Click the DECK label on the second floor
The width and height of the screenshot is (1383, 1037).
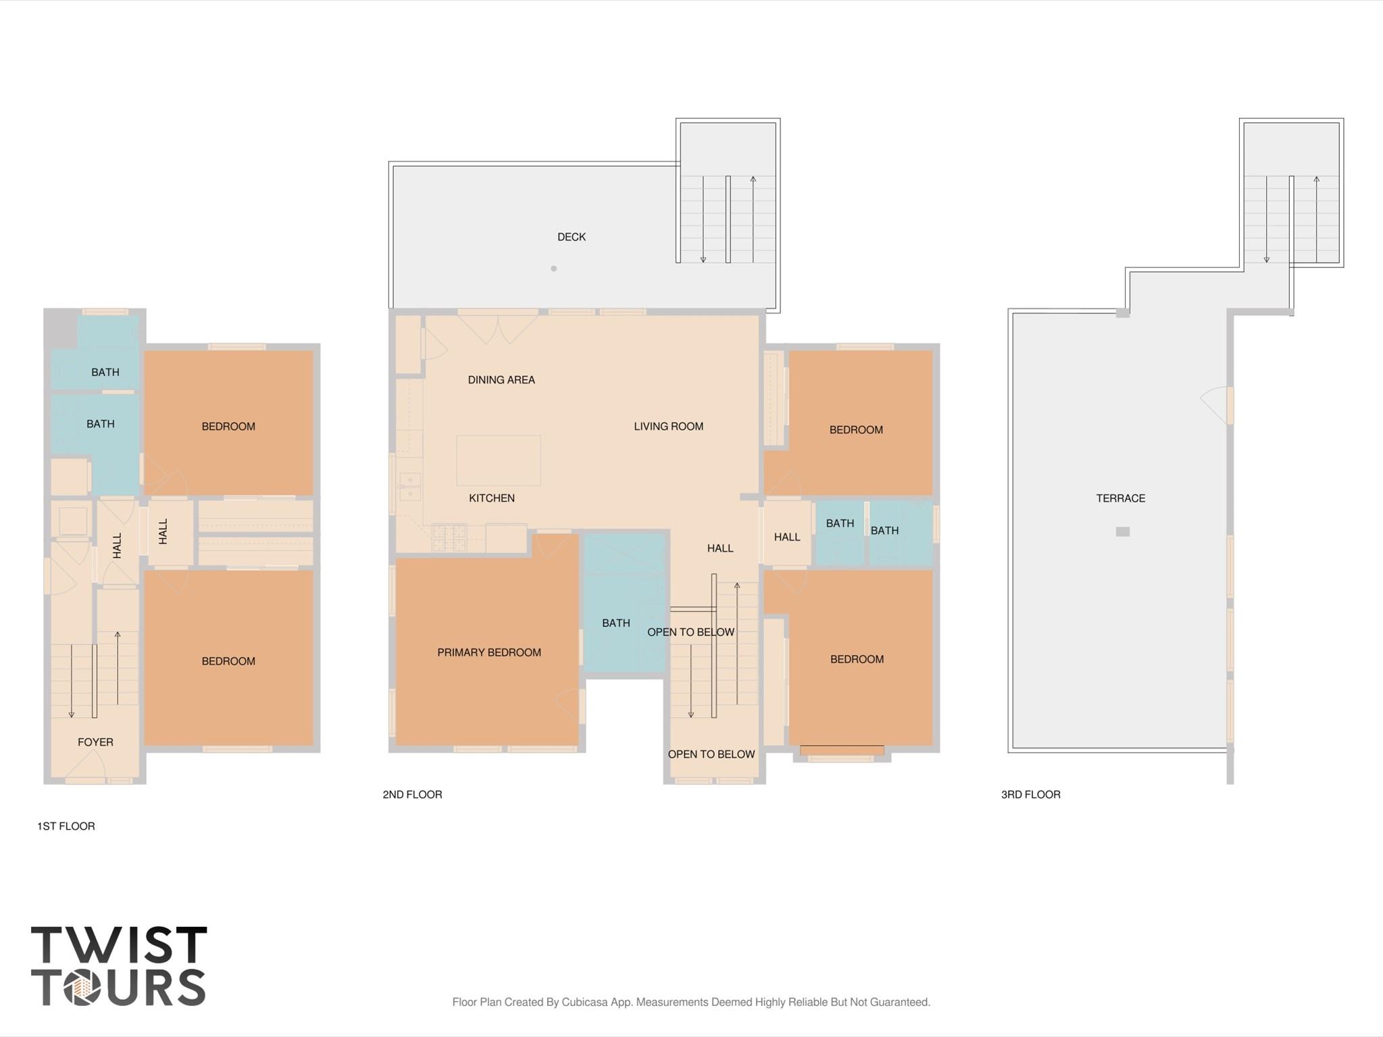tap(571, 237)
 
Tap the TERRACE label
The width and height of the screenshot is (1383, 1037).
tap(1120, 499)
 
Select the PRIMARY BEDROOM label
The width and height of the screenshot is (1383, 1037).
tap(488, 653)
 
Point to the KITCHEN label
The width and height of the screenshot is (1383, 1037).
tap(491, 499)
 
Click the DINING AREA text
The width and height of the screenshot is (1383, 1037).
tap(501, 380)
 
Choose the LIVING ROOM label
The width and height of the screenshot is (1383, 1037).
tap(668, 426)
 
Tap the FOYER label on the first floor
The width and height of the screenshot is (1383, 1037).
tap(95, 742)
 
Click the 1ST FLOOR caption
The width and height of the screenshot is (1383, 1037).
tap(66, 826)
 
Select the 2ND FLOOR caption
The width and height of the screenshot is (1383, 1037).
tap(412, 794)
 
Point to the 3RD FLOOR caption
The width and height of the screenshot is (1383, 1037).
tap(1030, 794)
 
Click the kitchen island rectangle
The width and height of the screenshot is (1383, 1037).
tap(498, 461)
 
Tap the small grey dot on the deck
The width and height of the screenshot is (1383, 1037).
tap(553, 269)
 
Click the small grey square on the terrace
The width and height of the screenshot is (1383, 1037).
tap(1122, 532)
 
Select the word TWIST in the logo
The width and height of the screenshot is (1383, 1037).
tap(119, 945)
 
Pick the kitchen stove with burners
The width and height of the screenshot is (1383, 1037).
tap(449, 537)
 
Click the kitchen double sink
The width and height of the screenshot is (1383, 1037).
tap(409, 487)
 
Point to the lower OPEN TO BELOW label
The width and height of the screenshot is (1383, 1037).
tap(711, 755)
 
